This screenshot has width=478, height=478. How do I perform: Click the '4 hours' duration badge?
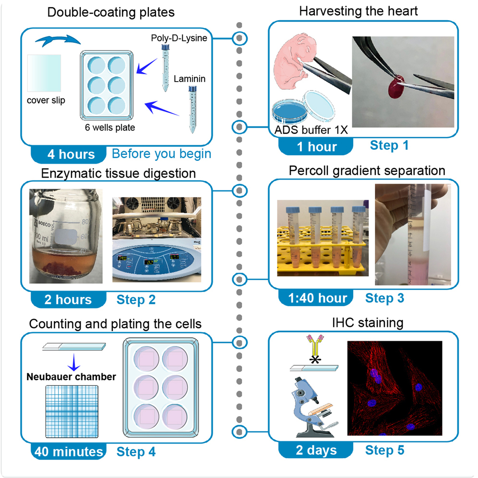coord(71,154)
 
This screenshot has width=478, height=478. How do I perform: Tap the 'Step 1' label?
coord(389,145)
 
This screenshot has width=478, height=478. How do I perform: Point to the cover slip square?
coord(44,72)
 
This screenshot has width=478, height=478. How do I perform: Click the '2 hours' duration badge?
coord(68,299)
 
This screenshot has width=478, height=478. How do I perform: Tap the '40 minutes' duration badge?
coord(68,452)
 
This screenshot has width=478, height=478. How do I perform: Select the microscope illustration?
coord(312,408)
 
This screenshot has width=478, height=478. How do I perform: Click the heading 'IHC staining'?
coord(367,323)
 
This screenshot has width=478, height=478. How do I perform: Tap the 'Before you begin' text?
coord(161,154)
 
